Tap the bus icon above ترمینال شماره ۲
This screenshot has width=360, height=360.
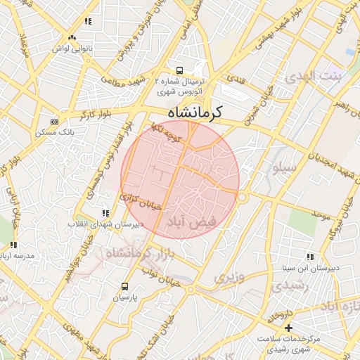180,70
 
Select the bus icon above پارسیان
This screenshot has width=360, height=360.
125,286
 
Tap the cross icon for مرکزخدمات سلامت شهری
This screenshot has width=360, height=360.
288,328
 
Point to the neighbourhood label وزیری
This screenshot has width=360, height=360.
230,277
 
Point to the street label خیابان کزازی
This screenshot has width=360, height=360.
142,202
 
